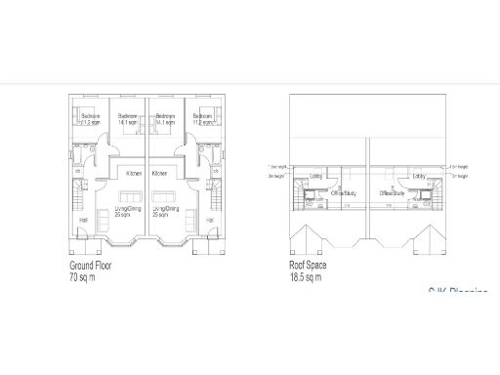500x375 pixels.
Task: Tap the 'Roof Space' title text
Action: point(308,266)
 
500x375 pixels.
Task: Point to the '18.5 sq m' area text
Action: point(306,277)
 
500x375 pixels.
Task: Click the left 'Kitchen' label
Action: point(134,173)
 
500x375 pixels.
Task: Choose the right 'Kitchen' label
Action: point(159,173)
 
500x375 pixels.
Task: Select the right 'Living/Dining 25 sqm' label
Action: point(165,211)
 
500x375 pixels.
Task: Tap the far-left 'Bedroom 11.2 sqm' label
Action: point(91,120)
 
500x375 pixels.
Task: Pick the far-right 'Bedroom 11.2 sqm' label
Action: point(204,120)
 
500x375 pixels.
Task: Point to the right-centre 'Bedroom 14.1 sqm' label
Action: point(165,120)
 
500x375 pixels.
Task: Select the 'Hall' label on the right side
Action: point(211,220)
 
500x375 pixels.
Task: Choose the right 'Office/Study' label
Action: point(394,193)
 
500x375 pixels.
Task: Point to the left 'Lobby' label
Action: point(316,176)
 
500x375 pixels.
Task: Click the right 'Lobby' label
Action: point(419,176)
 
